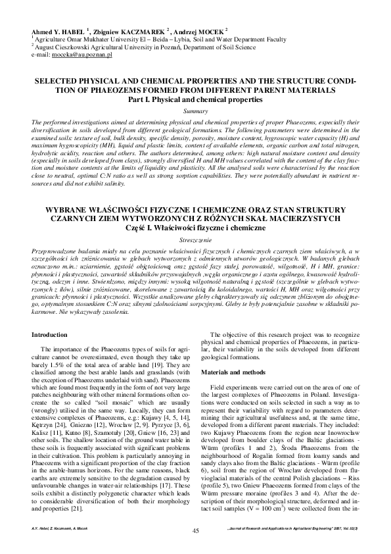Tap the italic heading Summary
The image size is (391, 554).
point(195,111)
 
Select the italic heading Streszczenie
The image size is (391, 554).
point(195,241)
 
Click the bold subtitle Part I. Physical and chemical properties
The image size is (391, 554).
point(195,99)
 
